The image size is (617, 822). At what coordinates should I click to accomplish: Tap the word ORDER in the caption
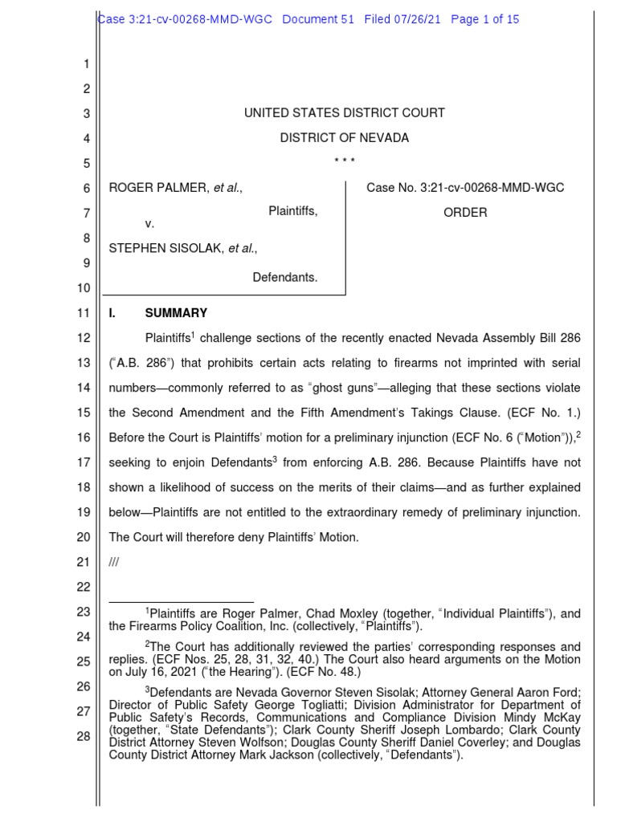pos(465,213)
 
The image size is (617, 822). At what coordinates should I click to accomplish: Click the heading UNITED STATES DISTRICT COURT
pos(344,113)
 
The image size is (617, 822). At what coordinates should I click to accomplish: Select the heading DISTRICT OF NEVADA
pos(344,138)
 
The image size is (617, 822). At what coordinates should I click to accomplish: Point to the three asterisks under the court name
pos(344,162)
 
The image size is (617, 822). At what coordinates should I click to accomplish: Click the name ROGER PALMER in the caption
pos(155,188)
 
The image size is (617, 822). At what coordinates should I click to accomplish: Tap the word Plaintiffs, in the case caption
pos(292,212)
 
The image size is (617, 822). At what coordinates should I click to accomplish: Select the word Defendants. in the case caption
pos(285,278)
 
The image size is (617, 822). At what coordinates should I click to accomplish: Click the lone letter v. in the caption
pos(149,224)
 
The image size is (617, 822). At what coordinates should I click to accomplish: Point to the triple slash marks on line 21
pos(113,563)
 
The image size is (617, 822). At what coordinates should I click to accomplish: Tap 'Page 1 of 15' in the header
pos(485,19)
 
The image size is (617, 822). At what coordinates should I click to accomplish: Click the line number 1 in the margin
pos(86,64)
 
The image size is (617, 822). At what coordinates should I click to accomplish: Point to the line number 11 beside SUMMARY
pos(83,313)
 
